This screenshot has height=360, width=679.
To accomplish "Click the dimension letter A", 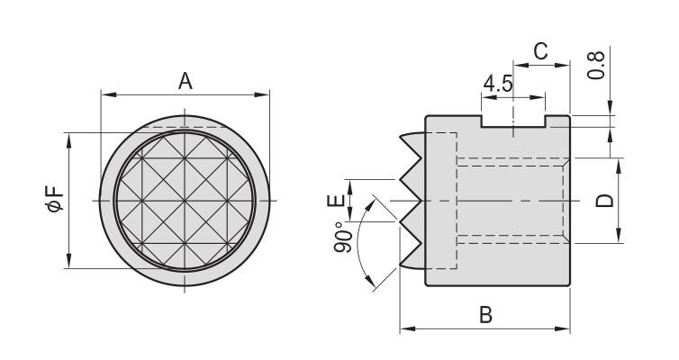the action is point(186,81).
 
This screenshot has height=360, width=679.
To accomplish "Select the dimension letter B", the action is point(486,315).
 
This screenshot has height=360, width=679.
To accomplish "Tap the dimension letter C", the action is point(540,51).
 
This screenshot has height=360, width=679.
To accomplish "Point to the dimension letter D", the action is point(605,201).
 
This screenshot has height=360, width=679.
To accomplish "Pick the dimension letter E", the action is point(336,201).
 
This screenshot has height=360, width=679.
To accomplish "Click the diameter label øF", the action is point(56,199).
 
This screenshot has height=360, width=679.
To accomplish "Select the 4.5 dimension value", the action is point(498,84).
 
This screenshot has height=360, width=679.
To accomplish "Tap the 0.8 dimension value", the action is point(596,66).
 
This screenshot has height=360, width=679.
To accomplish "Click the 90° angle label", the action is point(343,237).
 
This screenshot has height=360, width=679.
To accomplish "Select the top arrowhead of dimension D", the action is point(619,166).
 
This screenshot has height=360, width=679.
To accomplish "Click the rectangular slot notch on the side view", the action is point(513,121).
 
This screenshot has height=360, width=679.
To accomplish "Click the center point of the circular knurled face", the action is point(185,201).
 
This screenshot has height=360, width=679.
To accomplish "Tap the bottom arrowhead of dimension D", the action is point(619,236).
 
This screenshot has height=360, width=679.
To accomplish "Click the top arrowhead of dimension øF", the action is point(68,140).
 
